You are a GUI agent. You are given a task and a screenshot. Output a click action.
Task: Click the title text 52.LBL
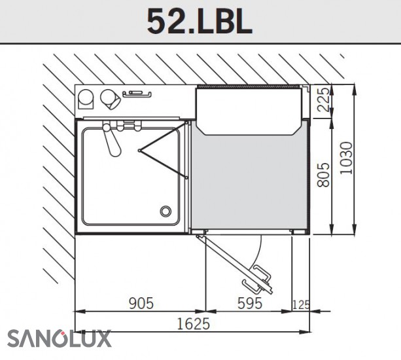click(x=200, y=22)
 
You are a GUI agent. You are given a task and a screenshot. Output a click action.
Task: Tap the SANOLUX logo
click(x=59, y=338)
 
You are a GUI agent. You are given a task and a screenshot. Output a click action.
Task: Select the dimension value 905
click(x=141, y=303)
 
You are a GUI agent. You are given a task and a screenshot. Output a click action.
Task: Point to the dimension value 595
click(x=250, y=303)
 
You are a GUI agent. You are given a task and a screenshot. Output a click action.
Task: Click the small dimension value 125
click(x=301, y=305)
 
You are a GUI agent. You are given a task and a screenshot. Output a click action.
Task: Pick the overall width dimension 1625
click(x=194, y=323)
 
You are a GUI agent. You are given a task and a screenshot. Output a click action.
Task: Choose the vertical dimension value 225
click(x=323, y=99)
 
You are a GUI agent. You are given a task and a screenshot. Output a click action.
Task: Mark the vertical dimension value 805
click(x=323, y=175)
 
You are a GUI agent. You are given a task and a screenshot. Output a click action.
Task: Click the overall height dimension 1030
click(x=346, y=158)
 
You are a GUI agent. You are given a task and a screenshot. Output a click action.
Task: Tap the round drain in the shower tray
click(x=166, y=211)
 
